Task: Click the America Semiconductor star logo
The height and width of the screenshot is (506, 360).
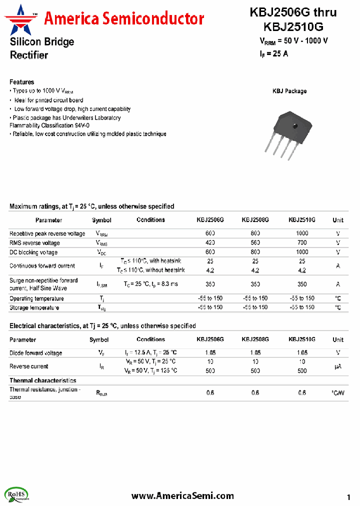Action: click(x=20, y=18)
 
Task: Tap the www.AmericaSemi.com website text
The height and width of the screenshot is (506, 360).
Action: click(x=182, y=495)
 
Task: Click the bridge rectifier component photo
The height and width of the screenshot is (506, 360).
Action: click(x=289, y=131)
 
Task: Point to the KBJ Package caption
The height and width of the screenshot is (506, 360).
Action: click(x=289, y=91)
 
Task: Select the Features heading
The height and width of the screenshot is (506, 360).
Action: click(x=22, y=82)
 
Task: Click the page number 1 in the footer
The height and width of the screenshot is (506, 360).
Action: click(x=348, y=497)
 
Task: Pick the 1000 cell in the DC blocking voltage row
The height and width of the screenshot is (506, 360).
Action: click(x=302, y=252)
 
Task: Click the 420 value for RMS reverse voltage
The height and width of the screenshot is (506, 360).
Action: click(x=210, y=243)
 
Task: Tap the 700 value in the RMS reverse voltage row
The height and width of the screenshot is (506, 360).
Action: click(x=302, y=243)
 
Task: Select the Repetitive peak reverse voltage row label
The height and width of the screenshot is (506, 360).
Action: click(x=47, y=233)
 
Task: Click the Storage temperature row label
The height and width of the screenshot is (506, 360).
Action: click(x=34, y=307)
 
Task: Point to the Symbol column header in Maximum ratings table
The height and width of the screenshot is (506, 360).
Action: click(x=101, y=220)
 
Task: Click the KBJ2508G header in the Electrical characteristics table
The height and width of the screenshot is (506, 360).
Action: click(x=255, y=339)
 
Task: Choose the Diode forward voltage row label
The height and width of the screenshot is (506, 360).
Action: click(x=36, y=353)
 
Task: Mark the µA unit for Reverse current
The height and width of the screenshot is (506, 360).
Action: click(x=338, y=366)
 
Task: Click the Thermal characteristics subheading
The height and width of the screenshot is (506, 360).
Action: click(x=43, y=380)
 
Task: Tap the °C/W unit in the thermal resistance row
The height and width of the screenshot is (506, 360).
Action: click(x=338, y=393)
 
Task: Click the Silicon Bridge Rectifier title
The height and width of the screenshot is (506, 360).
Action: click(x=42, y=48)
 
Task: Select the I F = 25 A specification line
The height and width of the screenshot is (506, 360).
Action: click(x=273, y=54)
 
